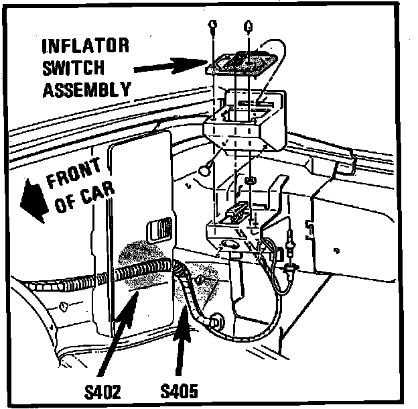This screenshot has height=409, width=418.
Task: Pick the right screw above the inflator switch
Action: point(248,27)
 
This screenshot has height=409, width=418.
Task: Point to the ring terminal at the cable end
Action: point(216,320)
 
